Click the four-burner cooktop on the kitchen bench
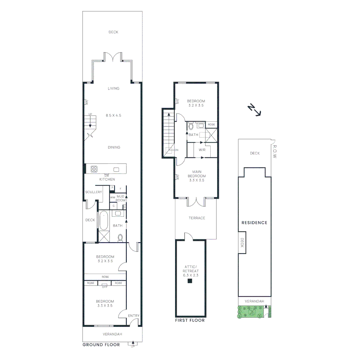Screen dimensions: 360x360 (94, 169)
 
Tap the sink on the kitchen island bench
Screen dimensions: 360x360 (116, 169)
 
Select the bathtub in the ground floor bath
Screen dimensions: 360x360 (104, 221)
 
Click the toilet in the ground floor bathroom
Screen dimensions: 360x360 (120, 238)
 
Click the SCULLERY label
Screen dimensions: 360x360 (93, 192)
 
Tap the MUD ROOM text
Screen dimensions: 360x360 (121, 198)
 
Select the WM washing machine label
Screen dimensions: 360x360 (113, 198)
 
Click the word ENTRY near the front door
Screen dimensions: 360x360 (134, 316)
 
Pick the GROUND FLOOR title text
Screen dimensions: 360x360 (101, 345)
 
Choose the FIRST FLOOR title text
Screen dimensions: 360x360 (190, 321)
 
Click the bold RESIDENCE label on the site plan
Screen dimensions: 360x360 (254, 223)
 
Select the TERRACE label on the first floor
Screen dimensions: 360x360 (197, 218)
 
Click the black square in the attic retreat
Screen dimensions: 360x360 (190, 281)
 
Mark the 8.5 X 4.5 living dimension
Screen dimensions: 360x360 (114, 115)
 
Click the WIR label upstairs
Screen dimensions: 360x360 (202, 150)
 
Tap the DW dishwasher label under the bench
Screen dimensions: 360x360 (107, 175)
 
